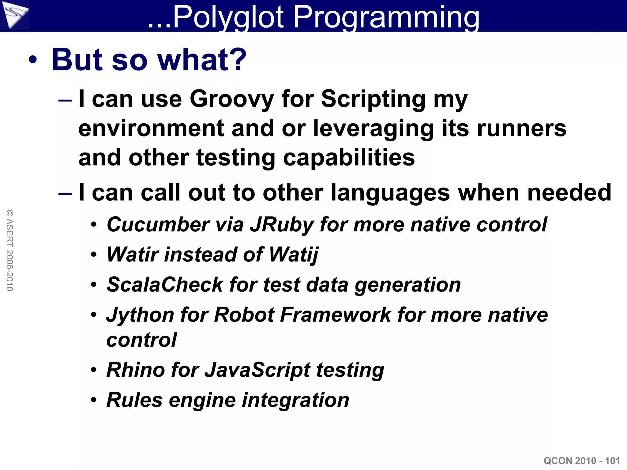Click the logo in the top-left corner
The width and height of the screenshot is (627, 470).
click(14, 15)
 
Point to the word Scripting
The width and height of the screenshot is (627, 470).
click(373, 99)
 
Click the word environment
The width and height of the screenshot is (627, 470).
click(151, 129)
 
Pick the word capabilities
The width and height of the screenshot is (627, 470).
click(349, 158)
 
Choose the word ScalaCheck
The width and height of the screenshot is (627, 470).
click(165, 285)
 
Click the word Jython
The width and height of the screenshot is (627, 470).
click(140, 315)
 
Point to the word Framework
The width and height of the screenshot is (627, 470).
click(335, 315)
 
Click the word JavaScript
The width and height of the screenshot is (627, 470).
click(257, 370)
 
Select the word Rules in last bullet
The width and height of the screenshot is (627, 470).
click(134, 400)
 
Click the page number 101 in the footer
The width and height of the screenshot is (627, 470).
click(612, 461)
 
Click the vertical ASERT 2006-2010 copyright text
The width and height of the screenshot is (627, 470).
click(10, 250)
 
